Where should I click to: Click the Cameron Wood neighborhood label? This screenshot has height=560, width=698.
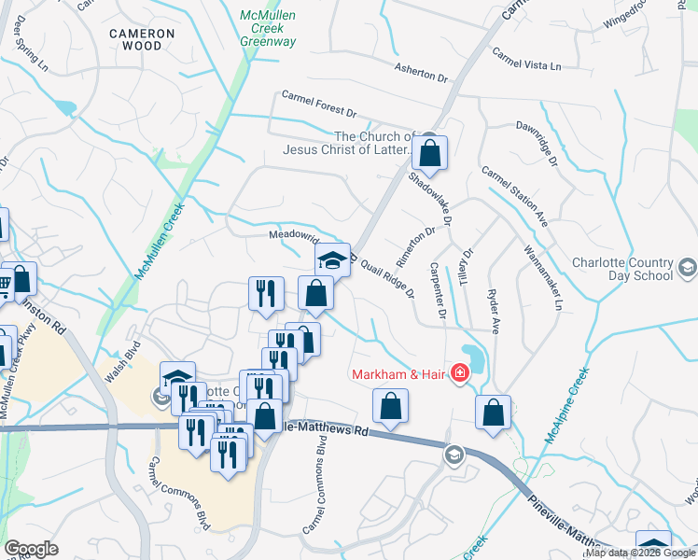(x=142, y=38)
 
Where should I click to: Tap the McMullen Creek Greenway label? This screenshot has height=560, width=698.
(x=268, y=29)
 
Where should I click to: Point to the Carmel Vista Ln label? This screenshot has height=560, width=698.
(x=527, y=59)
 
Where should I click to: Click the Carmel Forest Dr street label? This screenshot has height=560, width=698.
(x=319, y=105)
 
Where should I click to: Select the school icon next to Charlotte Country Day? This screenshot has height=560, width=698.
(x=687, y=269)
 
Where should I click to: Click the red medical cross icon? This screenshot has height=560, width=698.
(x=459, y=375)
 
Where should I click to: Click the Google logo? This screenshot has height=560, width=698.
(x=32, y=549)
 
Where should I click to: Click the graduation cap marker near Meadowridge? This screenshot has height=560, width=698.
(x=331, y=260)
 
